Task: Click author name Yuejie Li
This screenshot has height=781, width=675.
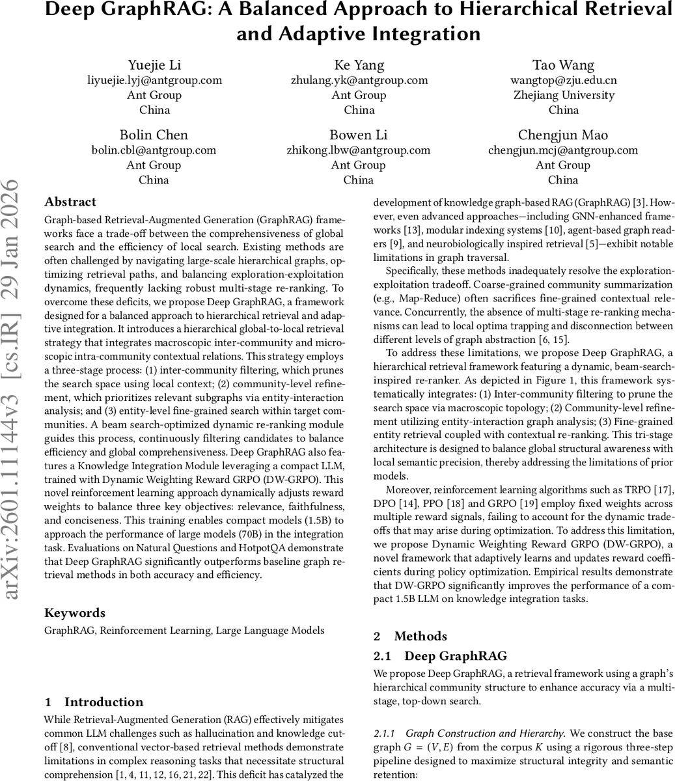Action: coord(154,65)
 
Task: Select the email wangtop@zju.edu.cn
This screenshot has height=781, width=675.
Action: coord(564,80)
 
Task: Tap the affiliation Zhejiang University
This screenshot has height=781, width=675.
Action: coord(564,95)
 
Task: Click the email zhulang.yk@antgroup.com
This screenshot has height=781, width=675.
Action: coord(359,80)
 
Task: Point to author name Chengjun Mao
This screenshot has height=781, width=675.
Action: coord(563,135)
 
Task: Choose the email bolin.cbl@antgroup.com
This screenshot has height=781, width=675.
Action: coord(154,150)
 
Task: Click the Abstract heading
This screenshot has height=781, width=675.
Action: coord(70,202)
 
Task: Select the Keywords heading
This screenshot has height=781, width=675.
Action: coord(74,613)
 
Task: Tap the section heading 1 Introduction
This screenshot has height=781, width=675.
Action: coord(94,702)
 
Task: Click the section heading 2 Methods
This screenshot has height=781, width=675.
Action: coord(410,637)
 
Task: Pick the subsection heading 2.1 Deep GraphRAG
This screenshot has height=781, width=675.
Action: coord(440,656)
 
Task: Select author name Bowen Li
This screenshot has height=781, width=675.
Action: coord(359,135)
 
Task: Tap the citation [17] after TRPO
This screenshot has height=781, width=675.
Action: coord(665,489)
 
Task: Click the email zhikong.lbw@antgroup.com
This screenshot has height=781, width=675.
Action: coord(359,150)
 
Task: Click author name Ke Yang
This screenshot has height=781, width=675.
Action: coord(359,65)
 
